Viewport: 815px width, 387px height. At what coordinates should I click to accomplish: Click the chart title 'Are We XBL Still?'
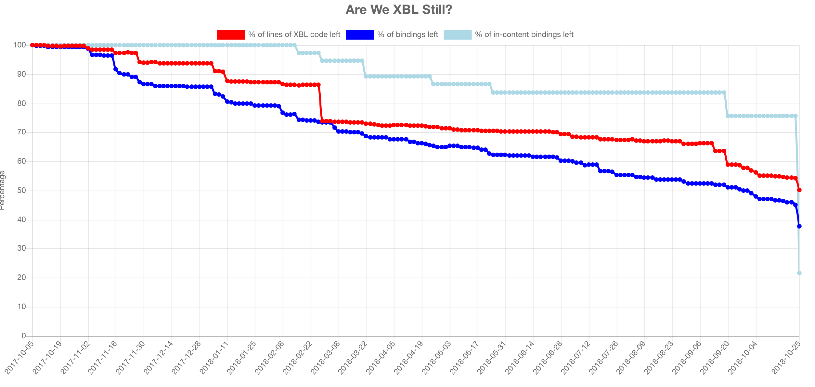click(399, 10)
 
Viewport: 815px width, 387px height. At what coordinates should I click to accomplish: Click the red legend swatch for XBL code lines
click(231, 34)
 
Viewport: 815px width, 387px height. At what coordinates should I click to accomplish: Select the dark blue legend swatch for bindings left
click(360, 34)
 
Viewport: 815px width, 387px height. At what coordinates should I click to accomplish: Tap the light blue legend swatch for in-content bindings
click(458, 34)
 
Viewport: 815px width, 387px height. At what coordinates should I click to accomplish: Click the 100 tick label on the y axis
click(19, 45)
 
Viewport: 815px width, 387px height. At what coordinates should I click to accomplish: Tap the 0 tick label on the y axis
click(23, 336)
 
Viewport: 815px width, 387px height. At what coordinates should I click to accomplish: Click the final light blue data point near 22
click(799, 273)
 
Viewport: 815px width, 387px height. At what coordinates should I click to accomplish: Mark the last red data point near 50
click(799, 190)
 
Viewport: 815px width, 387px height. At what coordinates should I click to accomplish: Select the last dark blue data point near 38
click(799, 226)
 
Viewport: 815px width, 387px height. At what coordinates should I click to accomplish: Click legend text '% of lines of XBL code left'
click(294, 34)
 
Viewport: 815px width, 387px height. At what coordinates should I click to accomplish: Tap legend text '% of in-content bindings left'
click(524, 34)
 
